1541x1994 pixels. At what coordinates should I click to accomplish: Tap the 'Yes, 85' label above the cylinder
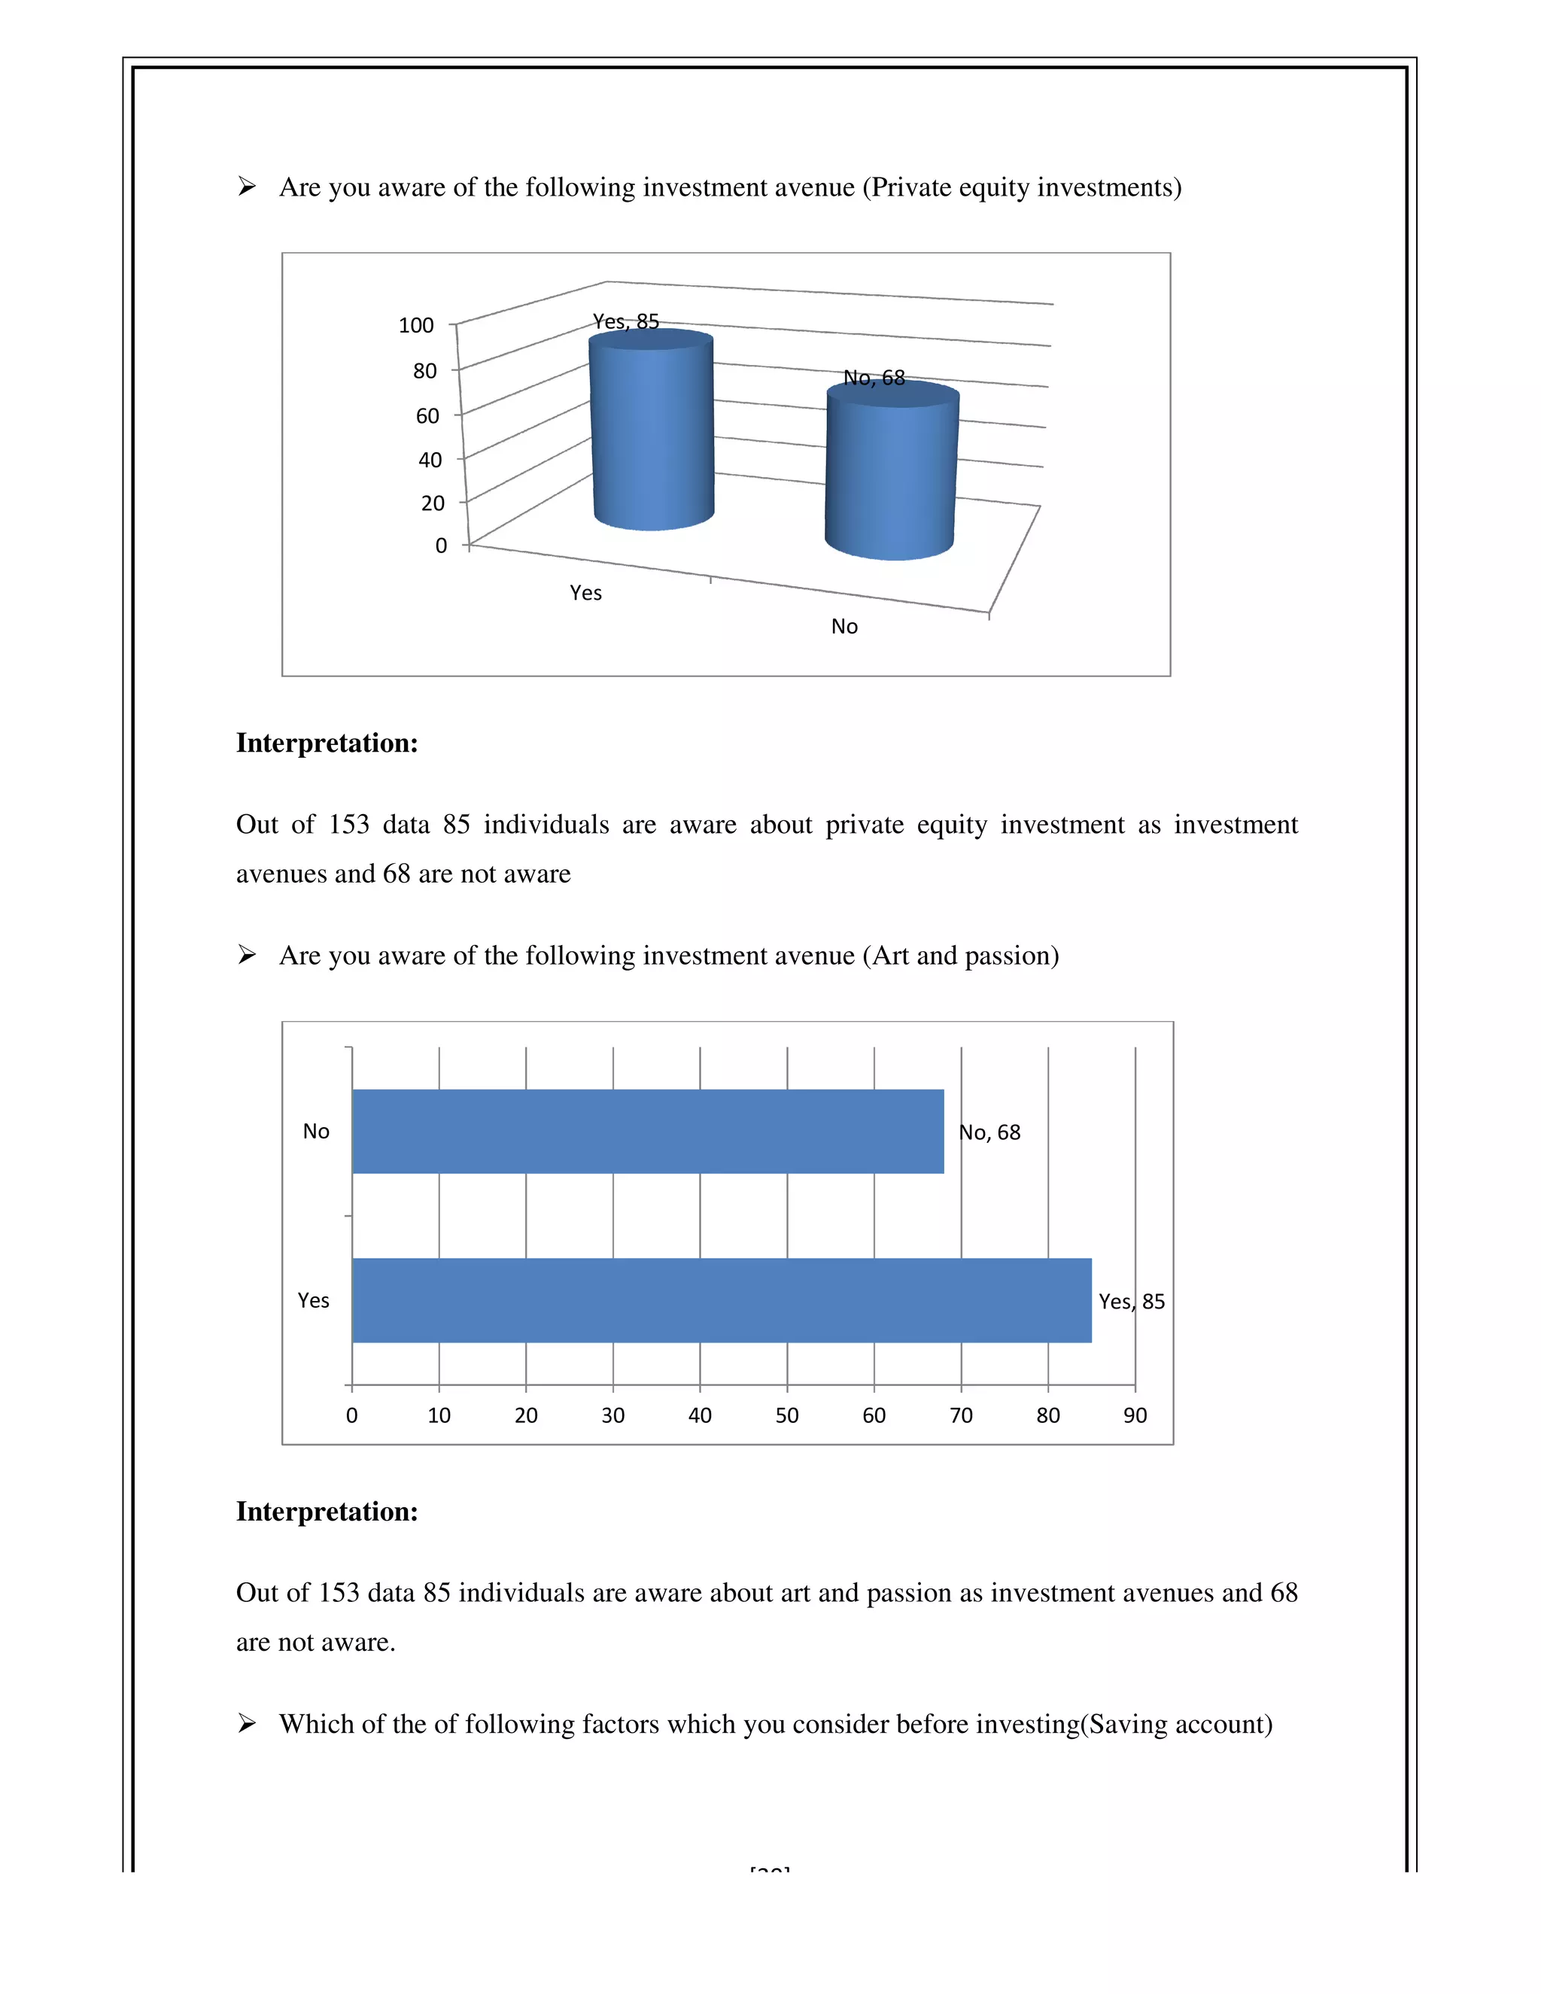pos(625,321)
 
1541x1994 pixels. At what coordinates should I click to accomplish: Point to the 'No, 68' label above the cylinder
pos(874,377)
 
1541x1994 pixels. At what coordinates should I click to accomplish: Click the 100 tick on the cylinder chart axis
pos(416,325)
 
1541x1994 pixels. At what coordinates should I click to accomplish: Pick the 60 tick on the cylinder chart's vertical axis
pos(427,415)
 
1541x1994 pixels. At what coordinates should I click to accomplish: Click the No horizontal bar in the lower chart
pos(647,1130)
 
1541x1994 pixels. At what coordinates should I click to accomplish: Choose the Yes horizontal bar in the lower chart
pos(721,1300)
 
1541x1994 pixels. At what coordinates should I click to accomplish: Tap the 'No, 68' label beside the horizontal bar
pos(989,1132)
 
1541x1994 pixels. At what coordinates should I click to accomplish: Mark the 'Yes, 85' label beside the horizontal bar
pos(1131,1301)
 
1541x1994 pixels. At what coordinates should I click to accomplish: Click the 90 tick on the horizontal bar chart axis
pos(1135,1415)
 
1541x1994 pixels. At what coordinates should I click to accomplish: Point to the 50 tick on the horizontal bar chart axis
pos(787,1415)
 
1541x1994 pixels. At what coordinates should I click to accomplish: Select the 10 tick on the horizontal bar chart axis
pos(439,1415)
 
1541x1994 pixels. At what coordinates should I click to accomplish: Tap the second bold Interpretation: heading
pos(327,1511)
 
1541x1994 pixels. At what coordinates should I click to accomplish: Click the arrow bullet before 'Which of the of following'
pos(247,1723)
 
